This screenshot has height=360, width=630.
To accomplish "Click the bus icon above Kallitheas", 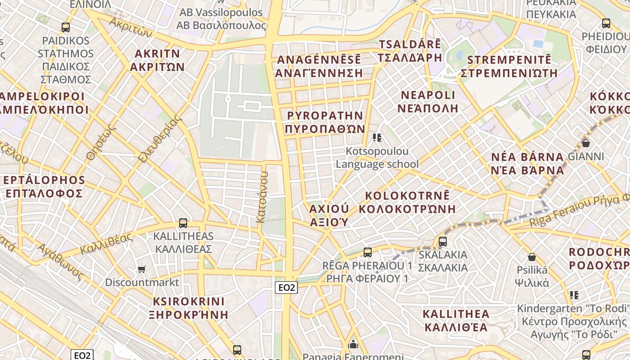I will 183,223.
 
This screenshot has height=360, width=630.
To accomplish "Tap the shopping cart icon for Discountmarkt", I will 142,269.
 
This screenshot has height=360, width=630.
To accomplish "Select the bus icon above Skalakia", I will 443,241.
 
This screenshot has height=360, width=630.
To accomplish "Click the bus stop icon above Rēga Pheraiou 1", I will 368,252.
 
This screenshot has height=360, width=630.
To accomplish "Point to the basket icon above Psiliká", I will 532,257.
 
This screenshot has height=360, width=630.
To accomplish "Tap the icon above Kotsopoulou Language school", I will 377,138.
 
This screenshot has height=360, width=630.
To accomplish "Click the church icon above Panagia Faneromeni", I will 353,345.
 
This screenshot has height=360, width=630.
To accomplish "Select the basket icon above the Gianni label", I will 586,143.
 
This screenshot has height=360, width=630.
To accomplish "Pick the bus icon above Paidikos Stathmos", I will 66,27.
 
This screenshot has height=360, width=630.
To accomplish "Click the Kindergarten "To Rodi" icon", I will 574,295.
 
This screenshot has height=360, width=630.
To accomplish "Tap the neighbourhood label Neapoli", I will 428,102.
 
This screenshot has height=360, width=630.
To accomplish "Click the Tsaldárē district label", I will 409,51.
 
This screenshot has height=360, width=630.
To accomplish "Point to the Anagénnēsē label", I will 319,66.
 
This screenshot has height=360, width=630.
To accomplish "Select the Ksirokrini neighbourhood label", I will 189,308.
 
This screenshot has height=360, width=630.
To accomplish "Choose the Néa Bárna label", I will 527,163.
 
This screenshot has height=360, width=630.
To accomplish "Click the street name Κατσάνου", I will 261,197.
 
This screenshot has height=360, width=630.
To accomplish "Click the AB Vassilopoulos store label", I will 221,19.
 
